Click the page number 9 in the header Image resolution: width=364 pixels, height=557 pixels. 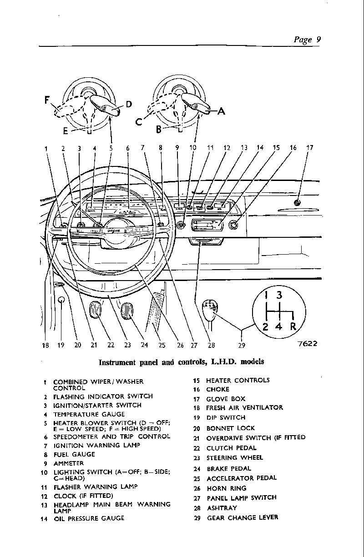(318, 39)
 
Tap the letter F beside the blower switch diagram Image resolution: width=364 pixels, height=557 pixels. (47, 100)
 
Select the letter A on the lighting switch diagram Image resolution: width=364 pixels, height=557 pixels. (221, 111)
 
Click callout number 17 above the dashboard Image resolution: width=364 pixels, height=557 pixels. (309, 148)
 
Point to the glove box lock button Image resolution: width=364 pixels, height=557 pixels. (297, 203)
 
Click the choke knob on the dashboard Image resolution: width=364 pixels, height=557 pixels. (233, 225)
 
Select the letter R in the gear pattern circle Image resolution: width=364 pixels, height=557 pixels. (293, 326)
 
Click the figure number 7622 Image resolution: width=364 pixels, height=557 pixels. (308, 343)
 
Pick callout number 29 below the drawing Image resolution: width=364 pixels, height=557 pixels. (242, 345)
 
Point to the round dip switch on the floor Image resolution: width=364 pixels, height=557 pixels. (61, 300)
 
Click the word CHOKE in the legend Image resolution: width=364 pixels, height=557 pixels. (217, 389)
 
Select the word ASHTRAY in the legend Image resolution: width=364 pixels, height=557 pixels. (222, 508)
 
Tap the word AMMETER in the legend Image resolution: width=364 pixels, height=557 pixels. (69, 463)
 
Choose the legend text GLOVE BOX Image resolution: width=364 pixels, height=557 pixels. (226, 399)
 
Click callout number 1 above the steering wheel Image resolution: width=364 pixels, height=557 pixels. (46, 149)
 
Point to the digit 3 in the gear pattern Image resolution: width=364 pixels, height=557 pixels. (279, 295)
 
